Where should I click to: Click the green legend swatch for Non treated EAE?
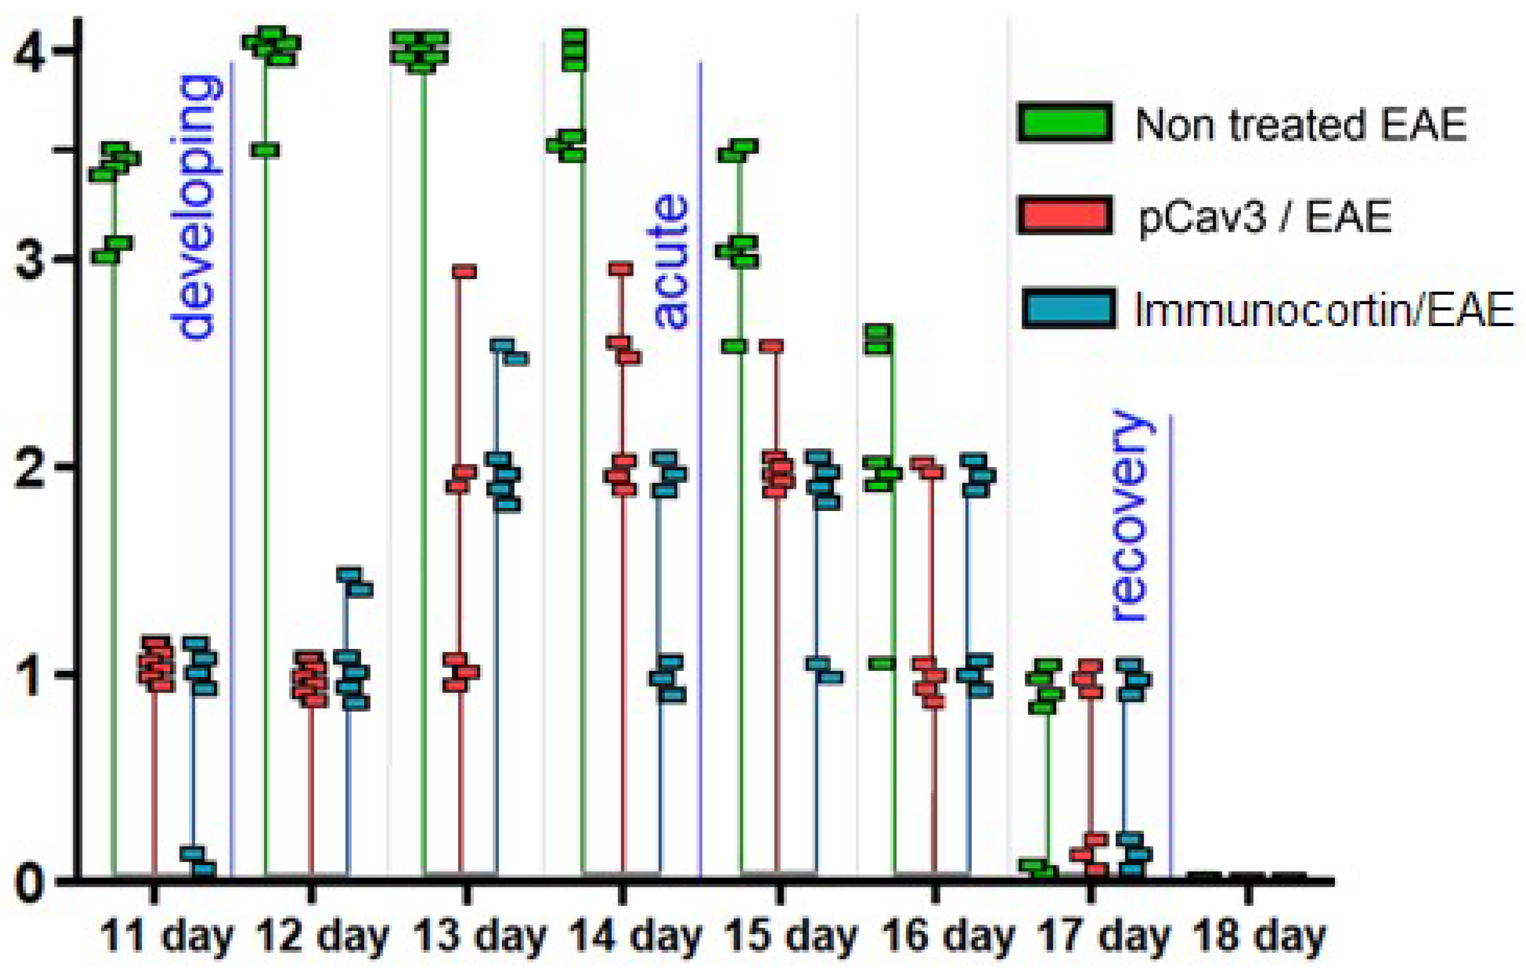click(1065, 123)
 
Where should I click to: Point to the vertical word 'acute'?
click(670, 261)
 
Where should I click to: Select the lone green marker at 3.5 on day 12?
click(268, 150)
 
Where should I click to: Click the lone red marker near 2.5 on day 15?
click(771, 346)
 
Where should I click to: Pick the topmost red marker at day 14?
click(621, 269)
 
